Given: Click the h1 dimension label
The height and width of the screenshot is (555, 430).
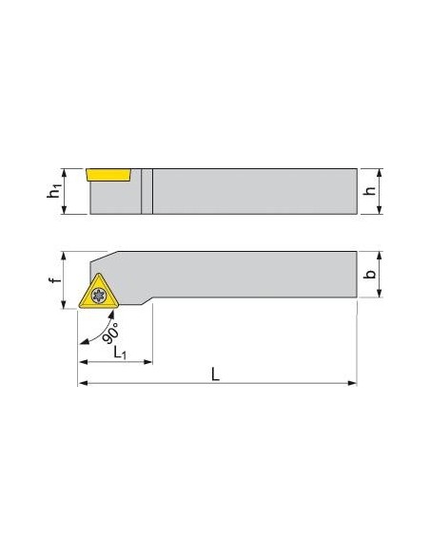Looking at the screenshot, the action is coord(54,191).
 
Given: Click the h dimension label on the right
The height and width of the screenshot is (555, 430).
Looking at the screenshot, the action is coord(370,191).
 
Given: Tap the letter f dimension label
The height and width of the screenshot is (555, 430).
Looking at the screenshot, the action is coord(55,280).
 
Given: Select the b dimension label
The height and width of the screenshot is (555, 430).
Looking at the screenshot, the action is coord(370,274).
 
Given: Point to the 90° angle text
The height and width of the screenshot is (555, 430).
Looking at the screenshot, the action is coord(110,333).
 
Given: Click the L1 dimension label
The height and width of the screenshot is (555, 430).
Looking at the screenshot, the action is coord(120,353).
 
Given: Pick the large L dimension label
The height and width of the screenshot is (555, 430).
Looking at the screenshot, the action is coord(215,374).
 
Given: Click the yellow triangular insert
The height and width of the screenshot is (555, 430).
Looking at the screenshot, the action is coord(99,293).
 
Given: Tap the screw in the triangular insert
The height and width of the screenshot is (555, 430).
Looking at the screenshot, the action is coord(99,296).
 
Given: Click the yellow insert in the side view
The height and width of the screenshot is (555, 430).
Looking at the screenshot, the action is coord(108,175).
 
